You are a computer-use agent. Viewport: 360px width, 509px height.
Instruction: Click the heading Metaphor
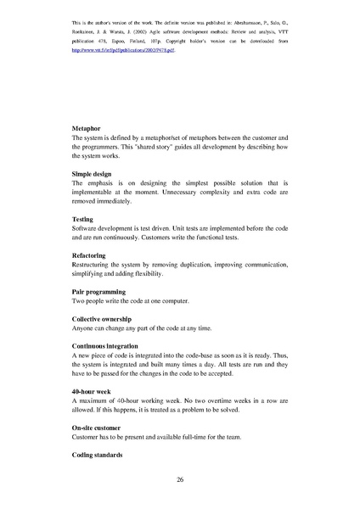pyautogui.click(x=87, y=128)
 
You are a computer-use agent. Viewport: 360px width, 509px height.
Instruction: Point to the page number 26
pyautogui.click(x=180, y=480)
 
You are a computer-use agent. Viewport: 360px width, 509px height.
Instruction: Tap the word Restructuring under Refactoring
pyautogui.click(x=93, y=265)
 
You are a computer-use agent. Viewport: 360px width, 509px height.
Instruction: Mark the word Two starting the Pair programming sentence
pyautogui.click(x=79, y=300)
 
